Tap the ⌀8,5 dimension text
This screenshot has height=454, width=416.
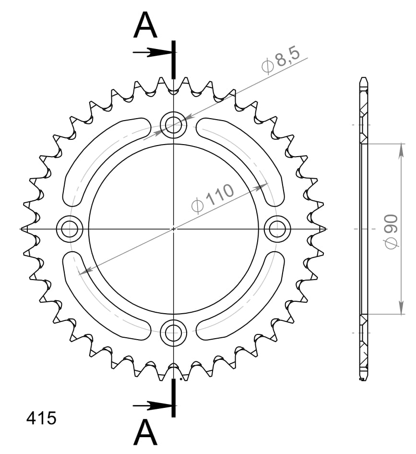click(x=280, y=61)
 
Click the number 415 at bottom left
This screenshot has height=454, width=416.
click(x=41, y=418)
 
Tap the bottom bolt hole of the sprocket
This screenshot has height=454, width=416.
click(x=174, y=331)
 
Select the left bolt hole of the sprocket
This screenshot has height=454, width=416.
click(x=70, y=229)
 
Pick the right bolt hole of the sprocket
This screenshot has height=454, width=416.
click(x=277, y=229)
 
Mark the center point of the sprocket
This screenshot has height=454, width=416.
click(x=174, y=229)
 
